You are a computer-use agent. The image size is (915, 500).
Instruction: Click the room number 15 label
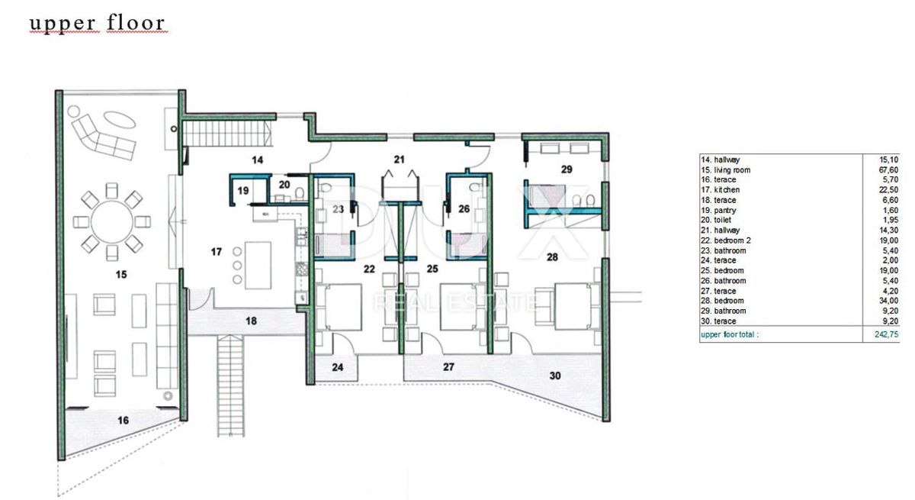(121, 274)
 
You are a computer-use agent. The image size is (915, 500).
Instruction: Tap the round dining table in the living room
(112, 221)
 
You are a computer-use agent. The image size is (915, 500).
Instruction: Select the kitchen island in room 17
(258, 266)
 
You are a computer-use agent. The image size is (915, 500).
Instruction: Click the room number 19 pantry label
(243, 191)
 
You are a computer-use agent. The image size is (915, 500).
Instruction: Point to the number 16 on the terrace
(123, 420)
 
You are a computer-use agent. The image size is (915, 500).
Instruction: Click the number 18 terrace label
(251, 321)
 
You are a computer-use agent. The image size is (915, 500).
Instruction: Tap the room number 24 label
(337, 367)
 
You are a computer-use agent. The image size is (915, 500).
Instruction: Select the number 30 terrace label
(555, 376)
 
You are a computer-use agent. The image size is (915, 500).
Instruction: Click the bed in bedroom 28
(573, 306)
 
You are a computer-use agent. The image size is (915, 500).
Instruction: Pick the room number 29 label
(567, 169)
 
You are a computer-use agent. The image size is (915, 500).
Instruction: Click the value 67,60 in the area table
(888, 169)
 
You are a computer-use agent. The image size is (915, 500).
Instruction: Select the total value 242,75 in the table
(886, 334)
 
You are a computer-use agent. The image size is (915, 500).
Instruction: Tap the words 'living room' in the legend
(732, 169)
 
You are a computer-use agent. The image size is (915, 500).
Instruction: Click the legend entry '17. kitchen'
(720, 190)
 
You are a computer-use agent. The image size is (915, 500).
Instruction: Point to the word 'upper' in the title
(63, 24)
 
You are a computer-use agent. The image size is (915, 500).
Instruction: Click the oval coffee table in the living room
(119, 120)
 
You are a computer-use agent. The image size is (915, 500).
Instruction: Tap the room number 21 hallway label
(399, 160)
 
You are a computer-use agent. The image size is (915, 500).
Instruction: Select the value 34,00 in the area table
(888, 301)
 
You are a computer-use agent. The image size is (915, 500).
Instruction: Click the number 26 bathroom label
(464, 209)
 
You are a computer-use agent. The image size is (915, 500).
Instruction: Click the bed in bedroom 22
(340, 307)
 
